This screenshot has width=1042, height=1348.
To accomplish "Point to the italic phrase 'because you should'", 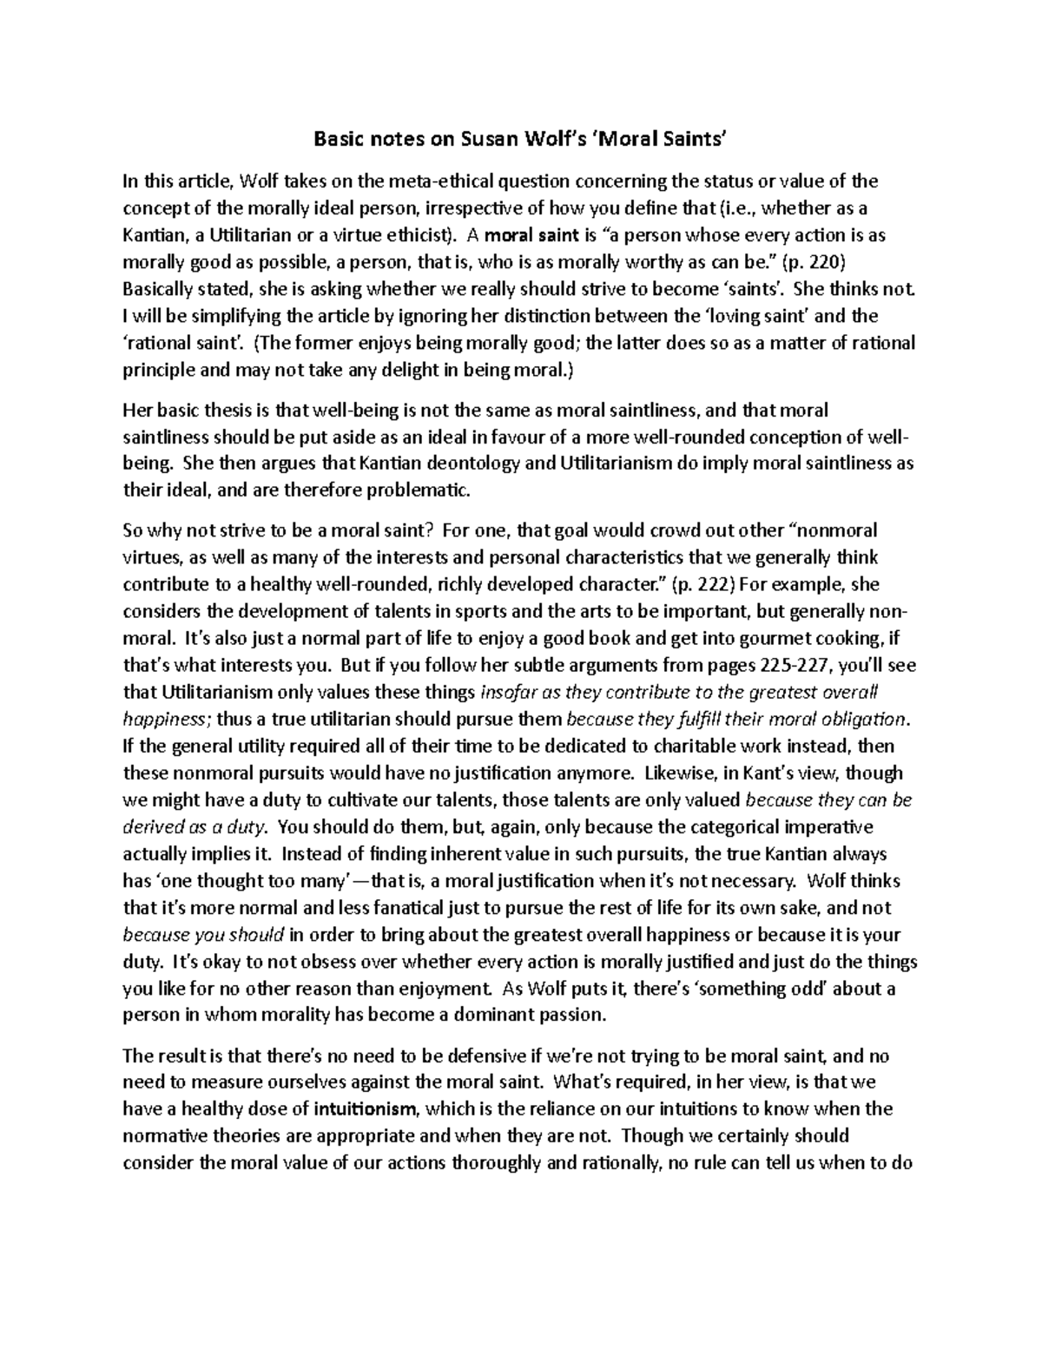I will (204, 935).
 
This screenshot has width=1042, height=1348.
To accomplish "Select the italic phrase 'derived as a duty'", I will (198, 826).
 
